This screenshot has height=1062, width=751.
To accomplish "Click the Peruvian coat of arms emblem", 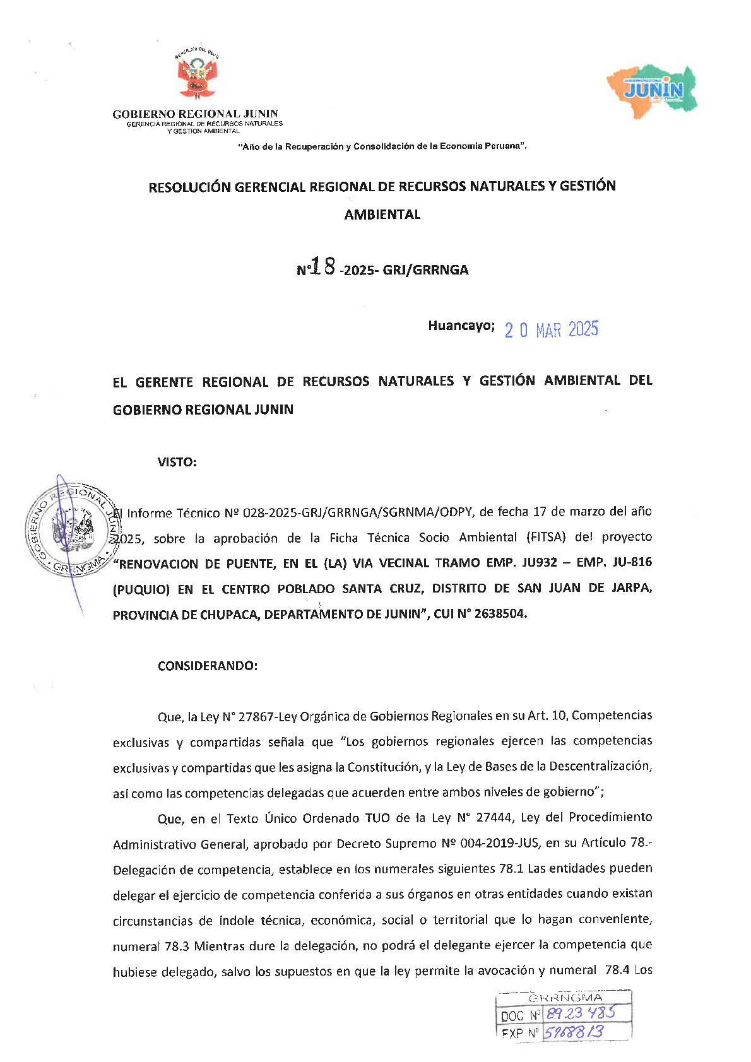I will (x=197, y=76).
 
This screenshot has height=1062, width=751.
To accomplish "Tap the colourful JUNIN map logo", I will (x=653, y=91).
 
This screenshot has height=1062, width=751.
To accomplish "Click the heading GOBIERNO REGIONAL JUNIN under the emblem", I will (x=195, y=114).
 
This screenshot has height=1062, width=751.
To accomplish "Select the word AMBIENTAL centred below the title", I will (x=382, y=215).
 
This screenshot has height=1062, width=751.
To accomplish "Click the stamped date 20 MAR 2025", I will (x=551, y=329).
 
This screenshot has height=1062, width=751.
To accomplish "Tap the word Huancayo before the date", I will (x=460, y=326).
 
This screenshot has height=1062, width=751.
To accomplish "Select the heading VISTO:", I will (x=177, y=462).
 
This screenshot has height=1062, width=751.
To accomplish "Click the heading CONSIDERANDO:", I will (x=208, y=666).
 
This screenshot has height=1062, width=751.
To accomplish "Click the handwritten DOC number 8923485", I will (x=580, y=1013).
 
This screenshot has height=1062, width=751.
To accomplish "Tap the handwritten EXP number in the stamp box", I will (x=574, y=1032).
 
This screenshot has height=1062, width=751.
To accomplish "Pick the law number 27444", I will (x=494, y=818).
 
